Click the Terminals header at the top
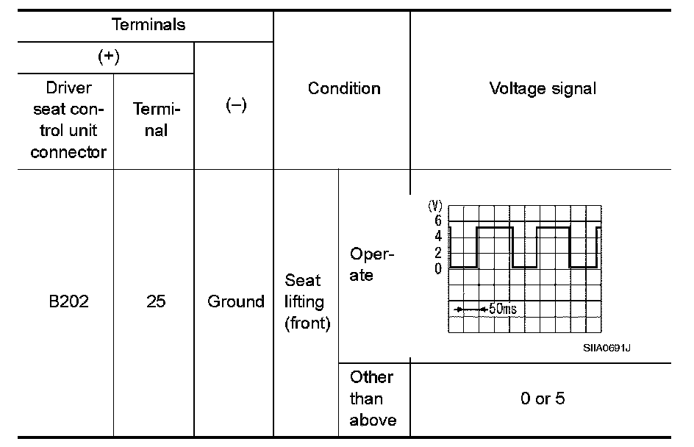[x=149, y=24]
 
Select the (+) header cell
[x=109, y=58]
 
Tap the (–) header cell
[x=235, y=106]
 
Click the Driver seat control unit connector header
[x=68, y=121]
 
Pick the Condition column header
[x=344, y=89]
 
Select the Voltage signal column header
[x=543, y=89]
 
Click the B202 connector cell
[x=68, y=301]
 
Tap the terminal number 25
[x=156, y=301]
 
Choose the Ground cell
[x=235, y=301]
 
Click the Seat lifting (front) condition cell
[x=304, y=301]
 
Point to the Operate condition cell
[x=372, y=265]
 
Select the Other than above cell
[x=372, y=398]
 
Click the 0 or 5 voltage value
[x=543, y=398]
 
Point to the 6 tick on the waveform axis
[x=437, y=221]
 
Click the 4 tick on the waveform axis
[x=437, y=237]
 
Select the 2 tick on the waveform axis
[x=437, y=253]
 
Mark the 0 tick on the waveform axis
[x=437, y=268]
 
